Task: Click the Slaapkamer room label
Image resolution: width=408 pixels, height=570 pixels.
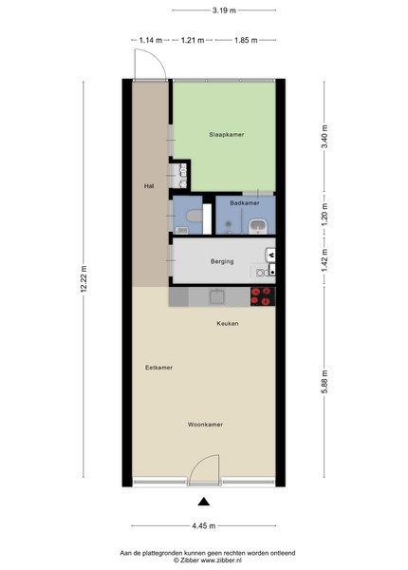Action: [227, 135]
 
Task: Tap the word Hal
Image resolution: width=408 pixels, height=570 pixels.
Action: [149, 186]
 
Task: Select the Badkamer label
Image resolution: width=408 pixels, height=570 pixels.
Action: [245, 203]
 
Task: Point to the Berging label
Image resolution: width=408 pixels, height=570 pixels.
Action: [222, 261]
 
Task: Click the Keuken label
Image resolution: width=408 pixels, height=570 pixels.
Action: [228, 323]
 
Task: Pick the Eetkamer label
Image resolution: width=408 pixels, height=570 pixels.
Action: [159, 368]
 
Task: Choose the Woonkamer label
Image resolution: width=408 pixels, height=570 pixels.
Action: [206, 425]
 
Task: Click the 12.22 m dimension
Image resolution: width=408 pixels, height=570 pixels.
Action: [83, 278]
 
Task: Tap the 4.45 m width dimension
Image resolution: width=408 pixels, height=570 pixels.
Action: [204, 525]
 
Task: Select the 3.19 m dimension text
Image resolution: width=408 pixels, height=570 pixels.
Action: [224, 10]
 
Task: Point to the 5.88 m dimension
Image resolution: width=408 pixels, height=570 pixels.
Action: [325, 381]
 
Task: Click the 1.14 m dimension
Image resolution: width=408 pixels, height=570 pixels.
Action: [151, 40]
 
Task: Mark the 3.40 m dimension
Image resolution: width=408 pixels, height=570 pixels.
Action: [325, 136]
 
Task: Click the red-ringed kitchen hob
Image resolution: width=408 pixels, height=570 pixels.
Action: [263, 296]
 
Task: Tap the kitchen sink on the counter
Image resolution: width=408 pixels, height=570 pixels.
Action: [217, 296]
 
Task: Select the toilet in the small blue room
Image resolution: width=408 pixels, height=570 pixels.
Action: [194, 216]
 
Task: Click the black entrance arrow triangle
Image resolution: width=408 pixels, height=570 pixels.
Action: [204, 502]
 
